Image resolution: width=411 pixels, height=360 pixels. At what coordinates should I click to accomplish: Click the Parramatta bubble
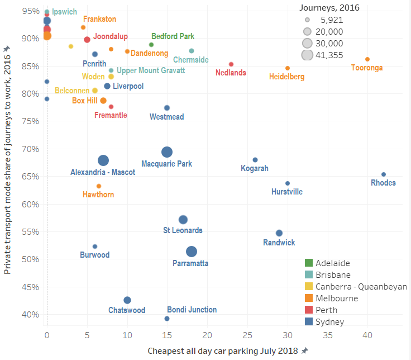[192, 252]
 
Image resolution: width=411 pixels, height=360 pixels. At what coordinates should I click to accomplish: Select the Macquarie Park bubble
[167, 152]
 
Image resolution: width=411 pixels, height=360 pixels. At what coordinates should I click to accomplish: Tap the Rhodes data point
[384, 174]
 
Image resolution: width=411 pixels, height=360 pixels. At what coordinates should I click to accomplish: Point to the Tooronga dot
[367, 59]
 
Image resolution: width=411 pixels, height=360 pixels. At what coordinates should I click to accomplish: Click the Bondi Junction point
[167, 319]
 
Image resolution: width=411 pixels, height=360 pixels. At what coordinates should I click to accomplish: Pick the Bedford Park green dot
[151, 45]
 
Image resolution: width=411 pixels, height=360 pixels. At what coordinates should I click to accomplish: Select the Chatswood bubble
[127, 300]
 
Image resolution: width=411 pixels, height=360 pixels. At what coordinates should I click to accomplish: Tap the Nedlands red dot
[231, 64]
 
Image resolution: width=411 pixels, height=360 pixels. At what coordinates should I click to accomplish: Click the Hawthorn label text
[98, 195]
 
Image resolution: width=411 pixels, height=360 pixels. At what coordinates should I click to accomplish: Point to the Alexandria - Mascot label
[103, 172]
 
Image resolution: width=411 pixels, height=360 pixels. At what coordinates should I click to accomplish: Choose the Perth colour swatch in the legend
[309, 310]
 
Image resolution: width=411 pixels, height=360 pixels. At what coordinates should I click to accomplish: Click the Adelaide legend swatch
[309, 263]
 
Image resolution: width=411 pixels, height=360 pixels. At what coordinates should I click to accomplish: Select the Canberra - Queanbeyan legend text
[361, 287]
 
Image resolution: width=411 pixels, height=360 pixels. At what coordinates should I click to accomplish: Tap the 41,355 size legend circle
[307, 55]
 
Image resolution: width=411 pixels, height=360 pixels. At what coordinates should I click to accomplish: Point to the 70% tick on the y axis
[31, 149]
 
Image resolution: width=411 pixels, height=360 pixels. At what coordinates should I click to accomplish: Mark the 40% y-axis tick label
[31, 315]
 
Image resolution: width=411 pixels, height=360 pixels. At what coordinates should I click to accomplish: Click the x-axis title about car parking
[224, 350]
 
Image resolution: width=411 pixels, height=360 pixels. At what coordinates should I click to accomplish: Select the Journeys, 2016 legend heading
[329, 8]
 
